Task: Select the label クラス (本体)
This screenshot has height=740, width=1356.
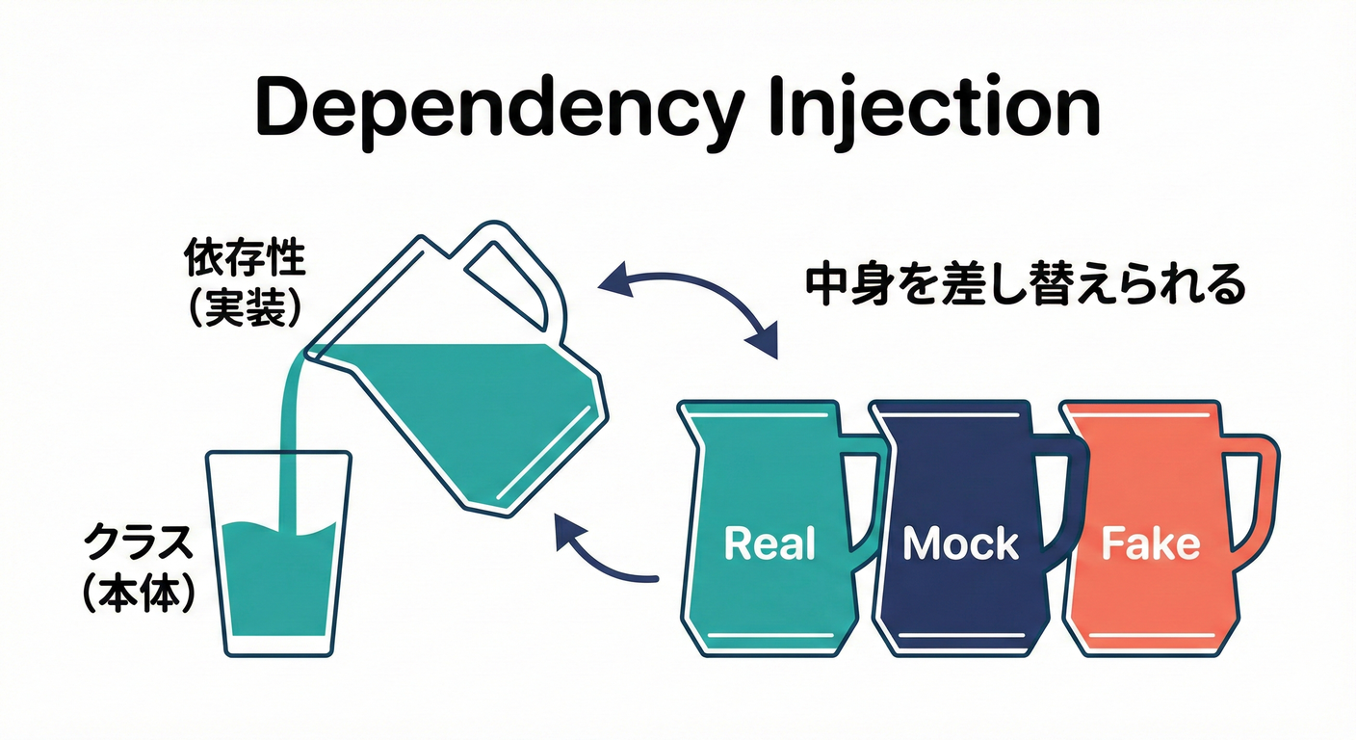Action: (x=138, y=567)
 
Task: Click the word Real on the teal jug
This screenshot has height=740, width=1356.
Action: (x=769, y=543)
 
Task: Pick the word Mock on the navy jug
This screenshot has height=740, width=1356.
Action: (x=960, y=544)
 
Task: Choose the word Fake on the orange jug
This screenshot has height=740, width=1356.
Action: (x=1150, y=544)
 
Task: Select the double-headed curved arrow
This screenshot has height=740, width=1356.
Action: (x=688, y=299)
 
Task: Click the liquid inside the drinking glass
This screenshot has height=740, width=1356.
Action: (x=278, y=588)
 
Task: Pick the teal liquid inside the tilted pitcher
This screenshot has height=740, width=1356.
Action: (x=472, y=405)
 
